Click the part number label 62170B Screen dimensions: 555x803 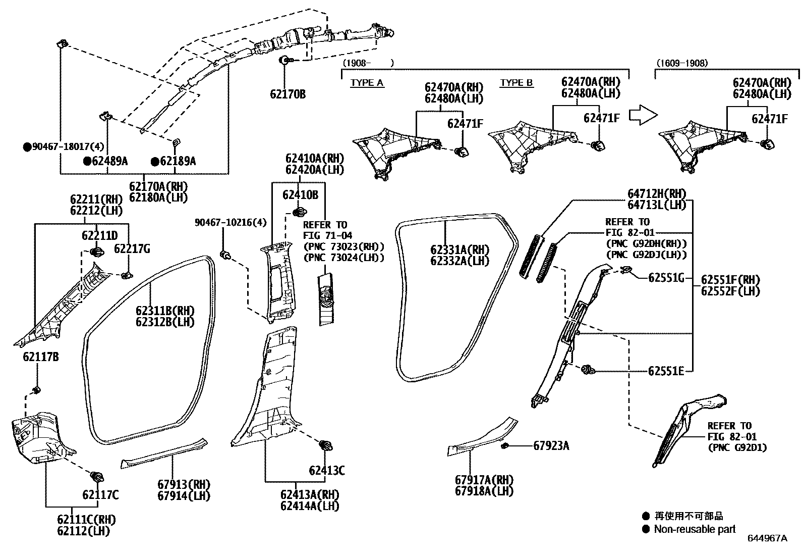(x=288, y=94)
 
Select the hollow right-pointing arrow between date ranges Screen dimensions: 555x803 (x=643, y=115)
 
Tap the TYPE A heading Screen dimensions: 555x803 (x=367, y=83)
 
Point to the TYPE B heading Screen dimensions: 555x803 (x=517, y=83)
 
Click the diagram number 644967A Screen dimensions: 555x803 (x=767, y=538)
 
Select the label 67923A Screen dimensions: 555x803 (x=551, y=445)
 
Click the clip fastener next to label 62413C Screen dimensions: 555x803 (x=326, y=446)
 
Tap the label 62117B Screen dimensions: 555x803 (x=40, y=357)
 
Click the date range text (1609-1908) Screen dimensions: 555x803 (x=682, y=63)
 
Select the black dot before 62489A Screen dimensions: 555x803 (x=87, y=161)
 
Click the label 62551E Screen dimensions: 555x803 (x=666, y=371)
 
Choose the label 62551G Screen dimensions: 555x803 (x=666, y=277)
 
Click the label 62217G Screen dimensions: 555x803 (x=132, y=248)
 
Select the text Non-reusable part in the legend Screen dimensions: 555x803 (x=695, y=529)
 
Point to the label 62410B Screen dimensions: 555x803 (x=300, y=194)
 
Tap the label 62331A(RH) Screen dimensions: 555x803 (x=460, y=250)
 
